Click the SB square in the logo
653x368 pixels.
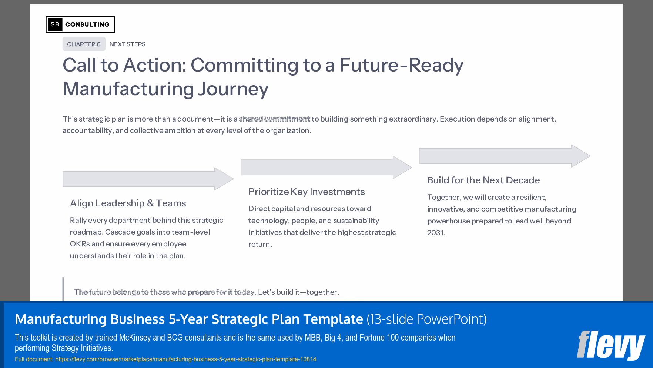[55, 24]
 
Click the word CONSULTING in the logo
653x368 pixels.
[87, 24]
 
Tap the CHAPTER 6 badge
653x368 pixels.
[84, 44]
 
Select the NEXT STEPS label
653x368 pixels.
[127, 44]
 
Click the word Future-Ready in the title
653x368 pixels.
[401, 65]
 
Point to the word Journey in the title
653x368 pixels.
[233, 89]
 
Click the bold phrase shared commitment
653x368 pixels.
[274, 119]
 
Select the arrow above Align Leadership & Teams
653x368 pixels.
[148, 179]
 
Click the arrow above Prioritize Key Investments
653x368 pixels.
[326, 168]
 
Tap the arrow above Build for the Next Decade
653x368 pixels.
[505, 156]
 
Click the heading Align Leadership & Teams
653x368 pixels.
[128, 203]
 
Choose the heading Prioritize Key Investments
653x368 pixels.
[307, 192]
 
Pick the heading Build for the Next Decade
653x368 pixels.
[483, 180]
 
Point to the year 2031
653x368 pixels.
[436, 233]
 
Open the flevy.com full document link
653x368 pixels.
[185, 359]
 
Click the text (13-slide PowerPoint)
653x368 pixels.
[426, 319]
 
